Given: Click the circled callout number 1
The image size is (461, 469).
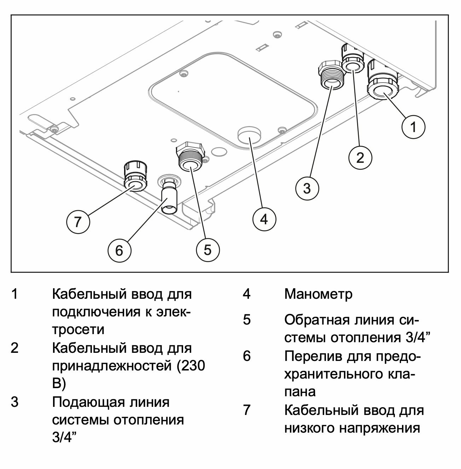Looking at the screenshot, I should pyautogui.click(x=414, y=126).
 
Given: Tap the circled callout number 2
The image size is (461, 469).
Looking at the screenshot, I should pyautogui.click(x=360, y=157).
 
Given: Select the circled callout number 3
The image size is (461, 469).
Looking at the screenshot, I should pyautogui.click(x=307, y=188).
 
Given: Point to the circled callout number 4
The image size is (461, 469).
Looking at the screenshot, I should pyautogui.click(x=264, y=219).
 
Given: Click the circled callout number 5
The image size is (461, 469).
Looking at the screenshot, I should pyautogui.click(x=208, y=250).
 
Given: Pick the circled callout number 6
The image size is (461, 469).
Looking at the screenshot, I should pyautogui.click(x=119, y=250).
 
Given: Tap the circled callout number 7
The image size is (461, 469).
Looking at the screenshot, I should pyautogui.click(x=78, y=222).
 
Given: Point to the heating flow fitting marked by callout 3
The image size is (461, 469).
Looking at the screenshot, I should pyautogui.click(x=330, y=76).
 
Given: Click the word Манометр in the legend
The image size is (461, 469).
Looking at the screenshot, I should pyautogui.click(x=318, y=294).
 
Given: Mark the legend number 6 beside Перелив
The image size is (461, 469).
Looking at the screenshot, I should pyautogui.click(x=246, y=356).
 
